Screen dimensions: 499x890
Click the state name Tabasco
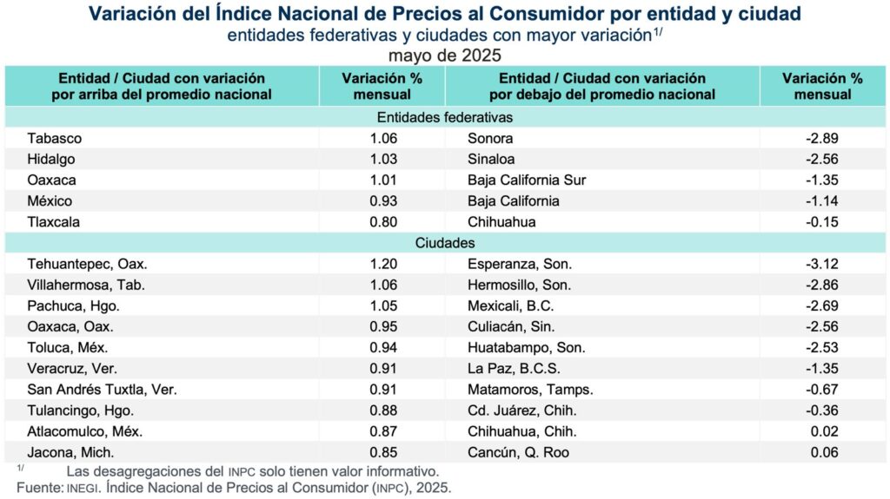pos(54,138)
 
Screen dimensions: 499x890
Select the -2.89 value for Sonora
pos(822,138)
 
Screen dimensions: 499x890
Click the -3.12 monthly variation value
pos(822,265)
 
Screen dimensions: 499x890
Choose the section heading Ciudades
pos(445,243)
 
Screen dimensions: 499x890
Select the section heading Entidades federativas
pos(445,117)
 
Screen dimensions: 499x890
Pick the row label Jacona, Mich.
pos(70,452)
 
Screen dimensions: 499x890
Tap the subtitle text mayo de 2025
pos(444,54)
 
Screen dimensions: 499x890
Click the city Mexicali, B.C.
pos(510,306)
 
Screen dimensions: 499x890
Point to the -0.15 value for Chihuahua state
pos(822,221)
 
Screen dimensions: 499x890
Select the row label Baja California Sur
pos(527,180)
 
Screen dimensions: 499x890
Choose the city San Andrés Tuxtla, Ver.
pos(102,390)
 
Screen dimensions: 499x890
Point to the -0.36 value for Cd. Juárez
pos(822,410)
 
